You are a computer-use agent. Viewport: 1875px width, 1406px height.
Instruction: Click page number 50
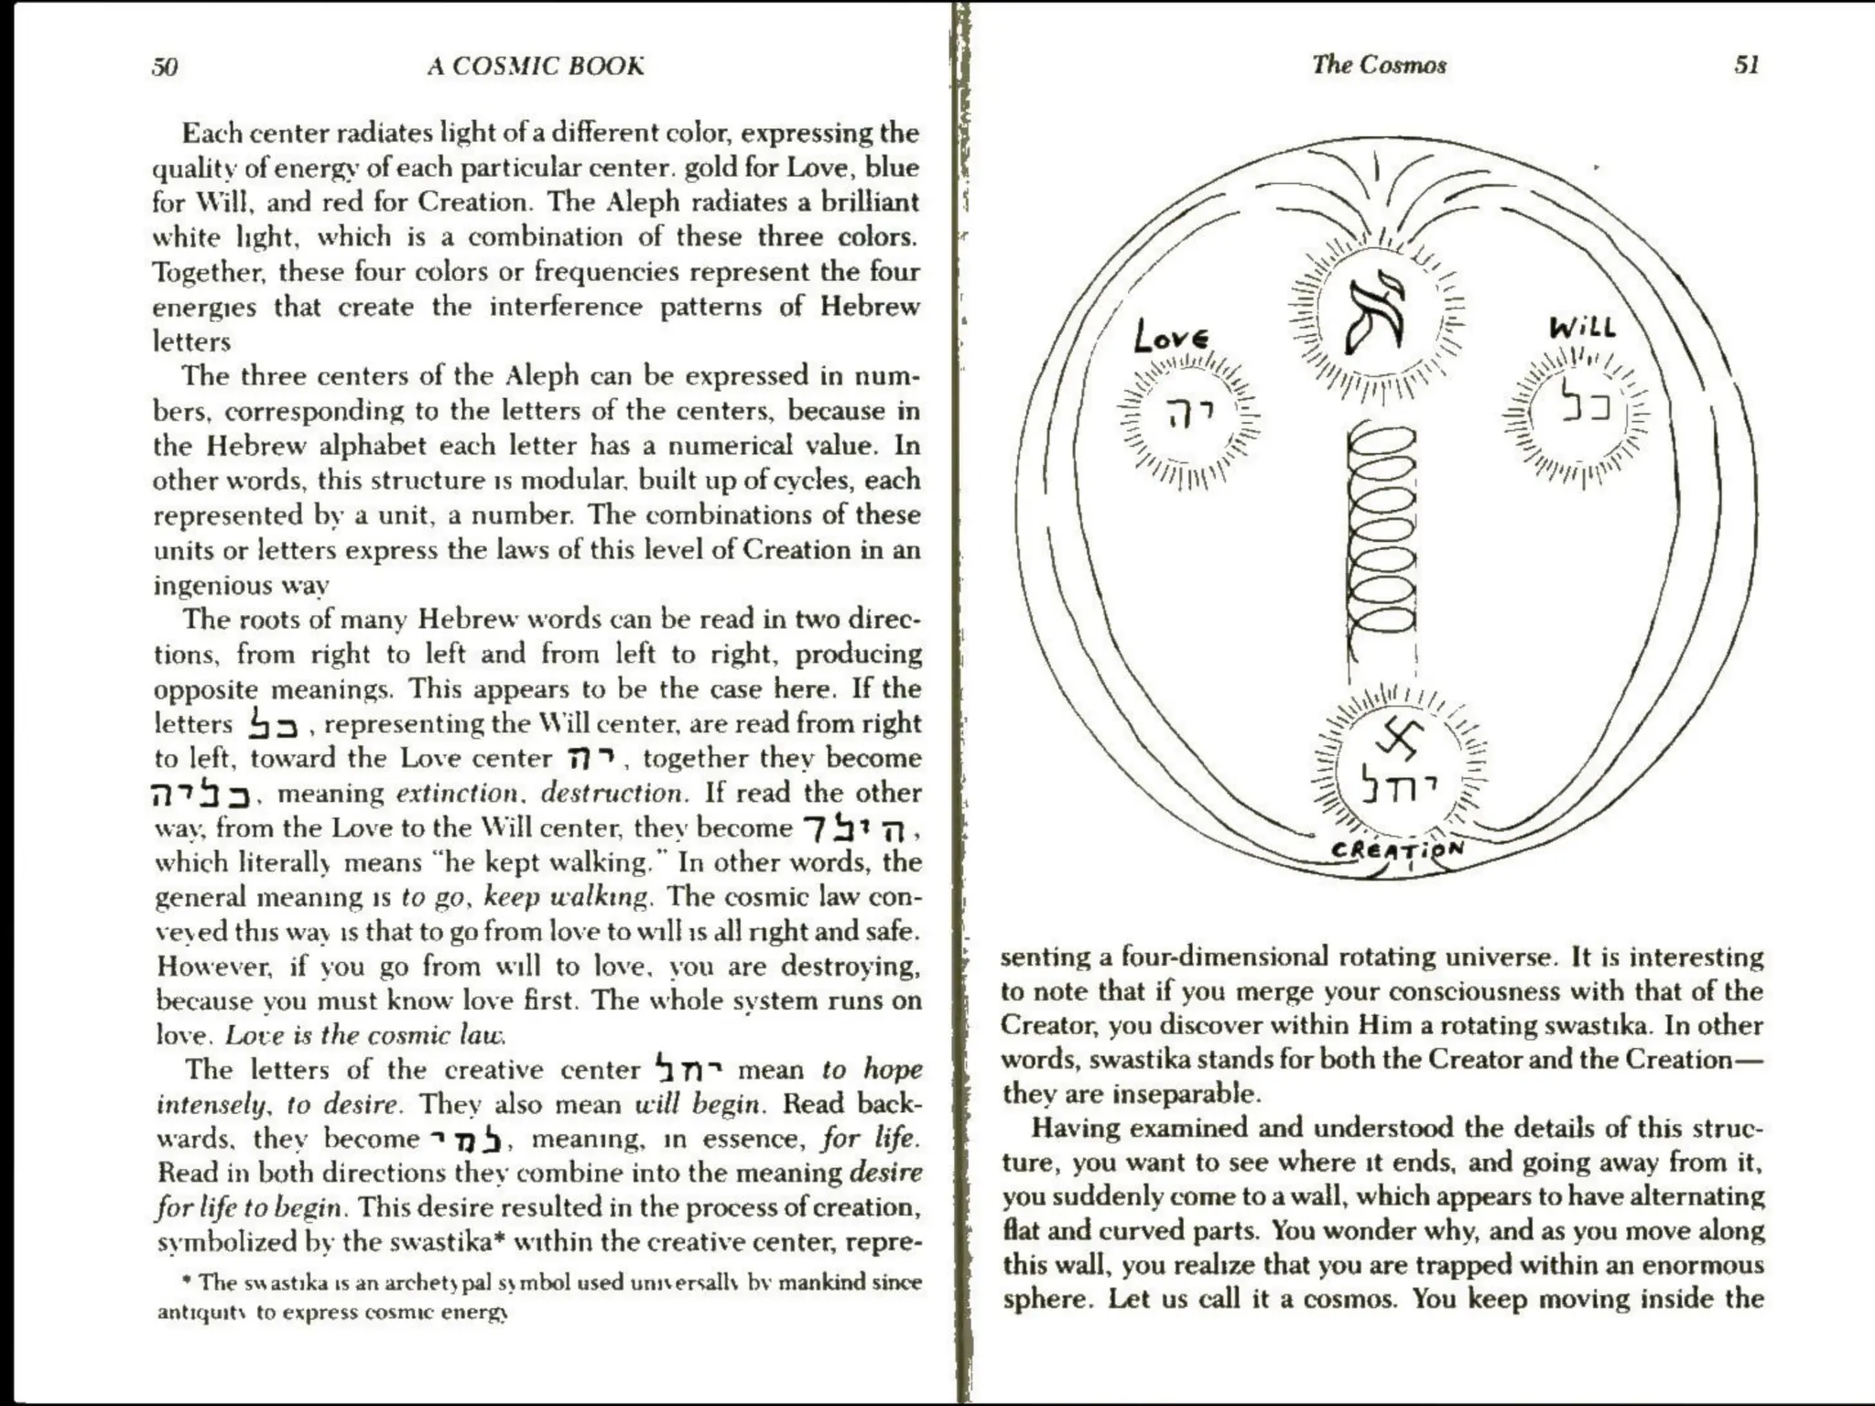pos(165,67)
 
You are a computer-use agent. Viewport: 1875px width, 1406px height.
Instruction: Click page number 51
pos(1746,65)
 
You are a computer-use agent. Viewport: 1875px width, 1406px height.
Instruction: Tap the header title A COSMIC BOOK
pos(536,66)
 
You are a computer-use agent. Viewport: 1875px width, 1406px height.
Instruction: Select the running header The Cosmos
pos(1379,64)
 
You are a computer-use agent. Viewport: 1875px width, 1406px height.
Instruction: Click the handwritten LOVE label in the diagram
pos(1171,336)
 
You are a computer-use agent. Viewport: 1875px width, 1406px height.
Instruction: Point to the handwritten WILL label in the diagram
pos(1582,328)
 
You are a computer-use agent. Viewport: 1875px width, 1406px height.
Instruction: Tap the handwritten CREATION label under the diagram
pos(1397,849)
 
